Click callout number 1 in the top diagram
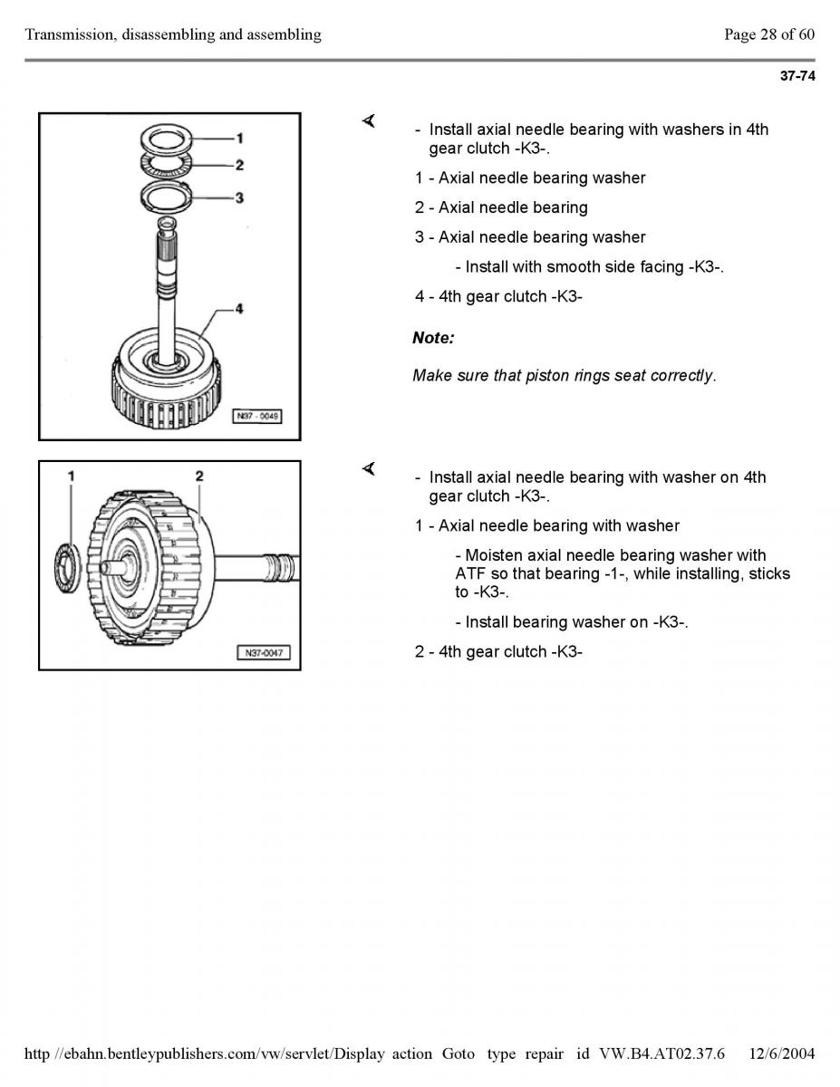(239, 138)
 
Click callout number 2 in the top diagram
(239, 165)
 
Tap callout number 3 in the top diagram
(239, 197)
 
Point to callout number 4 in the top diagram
(239, 309)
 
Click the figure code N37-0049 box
(257, 416)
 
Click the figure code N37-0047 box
(264, 653)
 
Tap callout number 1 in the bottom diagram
(72, 476)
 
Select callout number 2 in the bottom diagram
(199, 476)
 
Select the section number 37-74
(797, 76)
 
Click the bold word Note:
(433, 338)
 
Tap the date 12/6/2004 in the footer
(782, 1054)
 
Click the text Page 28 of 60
(769, 34)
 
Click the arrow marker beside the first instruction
(369, 120)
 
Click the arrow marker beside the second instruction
(369, 468)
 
